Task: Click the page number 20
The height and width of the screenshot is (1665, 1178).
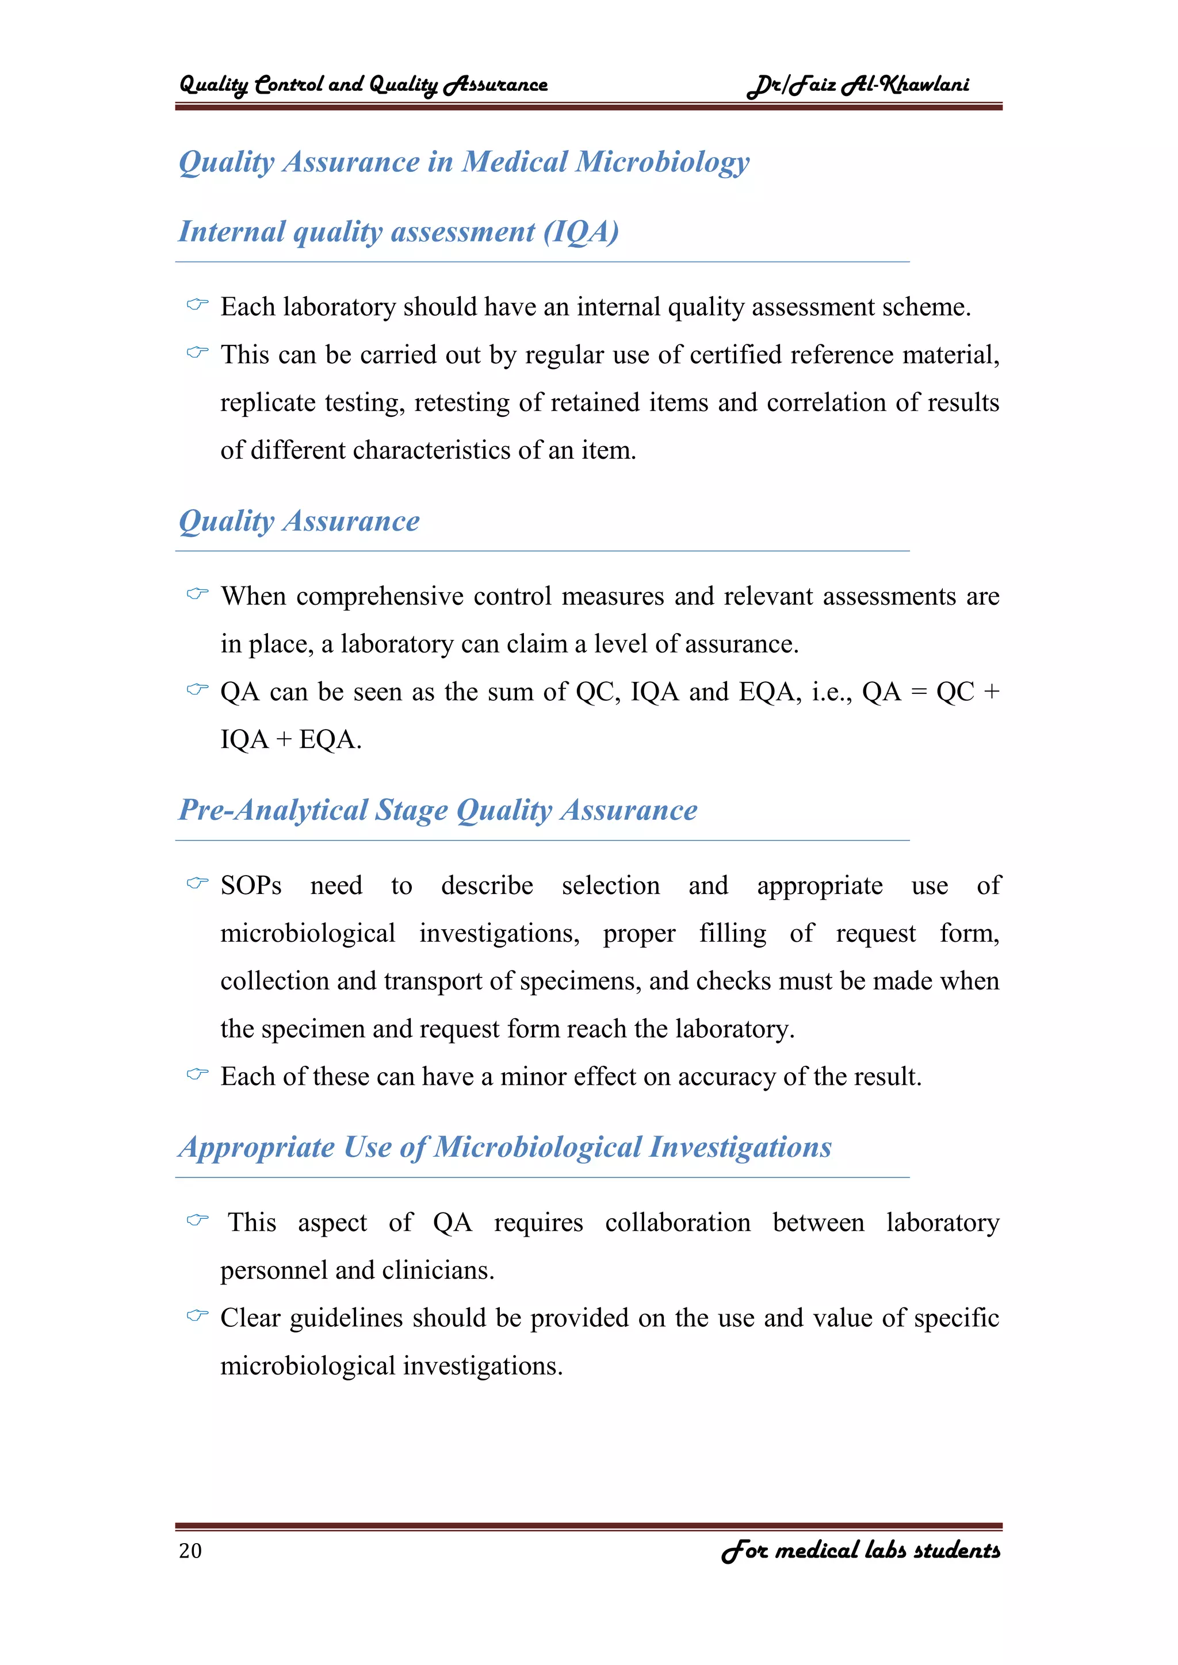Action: pyautogui.click(x=190, y=1551)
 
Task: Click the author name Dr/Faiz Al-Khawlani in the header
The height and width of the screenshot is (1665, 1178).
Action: pyautogui.click(x=858, y=85)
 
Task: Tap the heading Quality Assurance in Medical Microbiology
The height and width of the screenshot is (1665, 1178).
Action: pyautogui.click(x=464, y=162)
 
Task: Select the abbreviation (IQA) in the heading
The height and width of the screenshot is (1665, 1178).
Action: pyautogui.click(x=582, y=232)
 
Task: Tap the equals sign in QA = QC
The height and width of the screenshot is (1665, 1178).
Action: pyautogui.click(x=919, y=692)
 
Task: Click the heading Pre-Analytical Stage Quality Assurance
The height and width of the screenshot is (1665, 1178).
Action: pyautogui.click(x=438, y=810)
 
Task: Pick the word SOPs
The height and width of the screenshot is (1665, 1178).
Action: pyautogui.click(x=251, y=885)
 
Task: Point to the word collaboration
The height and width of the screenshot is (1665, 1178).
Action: pyautogui.click(x=678, y=1223)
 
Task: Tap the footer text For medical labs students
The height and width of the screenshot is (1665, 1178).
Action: pyautogui.click(x=860, y=1551)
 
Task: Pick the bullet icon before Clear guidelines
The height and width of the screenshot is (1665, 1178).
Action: pyautogui.click(x=197, y=1315)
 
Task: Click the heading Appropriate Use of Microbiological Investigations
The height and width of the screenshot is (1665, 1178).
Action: pyautogui.click(x=505, y=1147)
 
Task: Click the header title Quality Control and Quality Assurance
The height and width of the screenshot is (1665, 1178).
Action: pyautogui.click(x=363, y=85)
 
